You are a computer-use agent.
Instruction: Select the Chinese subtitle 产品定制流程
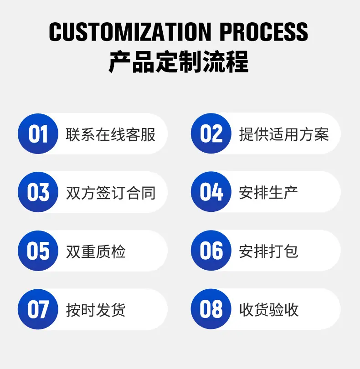point(179,62)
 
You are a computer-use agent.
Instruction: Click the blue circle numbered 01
point(38,134)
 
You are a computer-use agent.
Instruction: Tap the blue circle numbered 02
point(211,134)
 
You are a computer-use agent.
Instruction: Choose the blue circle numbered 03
point(38,192)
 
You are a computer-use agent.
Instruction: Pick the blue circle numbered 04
point(211,192)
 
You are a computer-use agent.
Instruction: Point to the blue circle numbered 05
point(38,251)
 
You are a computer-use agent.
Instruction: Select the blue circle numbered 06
point(211,251)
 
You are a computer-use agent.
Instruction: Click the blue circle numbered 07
point(38,309)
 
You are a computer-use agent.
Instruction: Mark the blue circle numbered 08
point(211,309)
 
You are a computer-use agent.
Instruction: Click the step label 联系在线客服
point(111,134)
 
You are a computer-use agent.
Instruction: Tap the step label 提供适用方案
point(284,134)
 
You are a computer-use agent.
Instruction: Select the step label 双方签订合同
point(111,193)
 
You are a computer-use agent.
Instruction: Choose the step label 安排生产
point(268,193)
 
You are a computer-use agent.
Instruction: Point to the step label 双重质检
point(96,251)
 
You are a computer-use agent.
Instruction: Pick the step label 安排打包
point(268,251)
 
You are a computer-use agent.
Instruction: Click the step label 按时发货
point(96,310)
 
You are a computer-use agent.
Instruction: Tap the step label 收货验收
point(268,310)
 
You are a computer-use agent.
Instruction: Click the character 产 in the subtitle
point(120,62)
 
